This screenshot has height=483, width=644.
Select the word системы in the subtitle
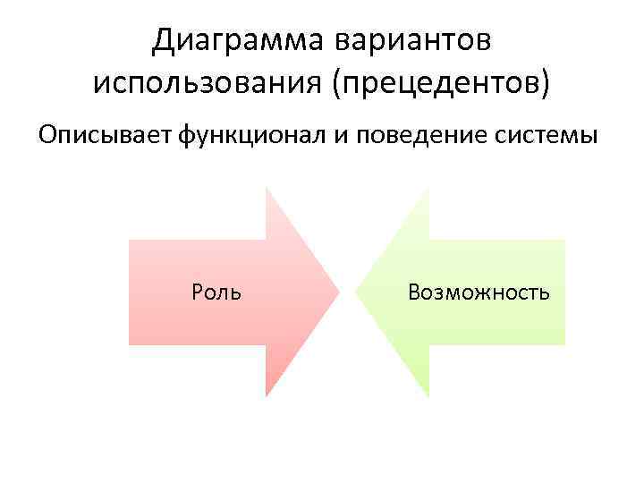546,137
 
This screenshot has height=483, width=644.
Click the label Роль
216,292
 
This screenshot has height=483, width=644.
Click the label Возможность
479,292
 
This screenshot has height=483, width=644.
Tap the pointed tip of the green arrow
356,292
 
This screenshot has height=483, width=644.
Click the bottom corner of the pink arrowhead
267,395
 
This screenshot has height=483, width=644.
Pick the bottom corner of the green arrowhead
428,395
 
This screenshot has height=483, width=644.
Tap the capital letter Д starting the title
162,39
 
